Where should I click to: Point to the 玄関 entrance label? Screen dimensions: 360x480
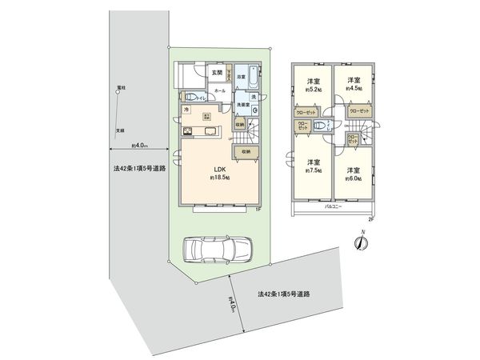(x=218, y=73)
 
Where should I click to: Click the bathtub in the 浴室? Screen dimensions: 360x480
(x=253, y=78)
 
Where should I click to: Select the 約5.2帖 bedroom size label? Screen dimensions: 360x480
(x=313, y=90)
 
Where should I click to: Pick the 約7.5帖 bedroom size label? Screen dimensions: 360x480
(x=313, y=170)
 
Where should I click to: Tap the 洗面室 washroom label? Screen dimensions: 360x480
(x=244, y=105)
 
